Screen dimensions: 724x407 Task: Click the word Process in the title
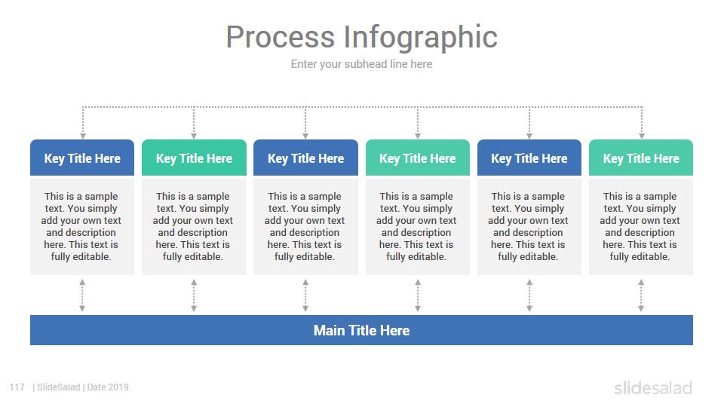tap(281, 37)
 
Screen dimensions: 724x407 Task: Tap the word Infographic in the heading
tap(421, 38)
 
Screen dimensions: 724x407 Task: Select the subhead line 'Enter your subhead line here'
tap(361, 64)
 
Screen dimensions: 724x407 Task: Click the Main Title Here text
tap(361, 330)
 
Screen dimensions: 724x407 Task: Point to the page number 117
tap(17, 387)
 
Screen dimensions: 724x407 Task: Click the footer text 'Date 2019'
tap(108, 387)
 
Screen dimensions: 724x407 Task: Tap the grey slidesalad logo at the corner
tap(653, 387)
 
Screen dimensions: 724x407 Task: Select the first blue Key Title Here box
tap(82, 158)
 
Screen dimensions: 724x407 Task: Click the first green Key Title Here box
tap(194, 158)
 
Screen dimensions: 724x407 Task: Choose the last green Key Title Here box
tap(641, 158)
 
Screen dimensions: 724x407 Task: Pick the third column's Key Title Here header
tap(305, 158)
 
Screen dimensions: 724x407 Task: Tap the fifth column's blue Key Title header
tap(529, 158)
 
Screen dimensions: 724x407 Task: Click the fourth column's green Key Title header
tap(417, 158)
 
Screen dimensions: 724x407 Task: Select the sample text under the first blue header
tap(81, 227)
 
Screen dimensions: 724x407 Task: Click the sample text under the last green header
tap(640, 227)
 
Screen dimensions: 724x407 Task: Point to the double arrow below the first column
tap(82, 295)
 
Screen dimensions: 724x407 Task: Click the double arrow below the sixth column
tap(641, 295)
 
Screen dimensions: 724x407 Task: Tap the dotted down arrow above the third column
tap(305, 123)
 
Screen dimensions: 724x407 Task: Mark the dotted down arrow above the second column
tap(194, 123)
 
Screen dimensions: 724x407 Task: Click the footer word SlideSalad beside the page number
tap(59, 387)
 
